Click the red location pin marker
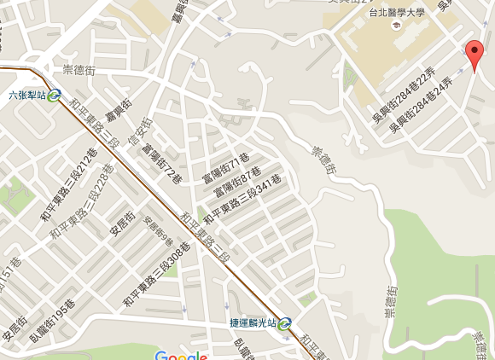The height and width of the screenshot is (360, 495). (x=475, y=56)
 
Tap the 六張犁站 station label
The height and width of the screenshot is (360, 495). (x=26, y=96)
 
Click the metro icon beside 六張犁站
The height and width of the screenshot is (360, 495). (x=55, y=96)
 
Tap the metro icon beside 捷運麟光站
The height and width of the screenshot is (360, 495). (x=285, y=323)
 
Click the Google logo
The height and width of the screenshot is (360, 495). (x=181, y=354)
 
